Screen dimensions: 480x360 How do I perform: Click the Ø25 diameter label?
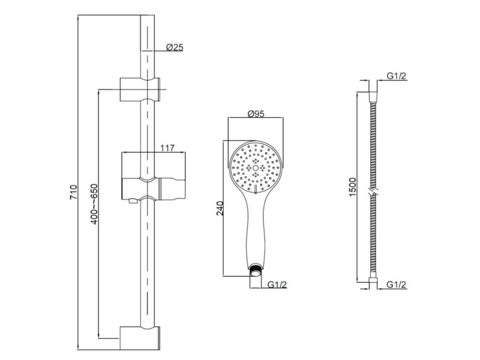click(x=174, y=47)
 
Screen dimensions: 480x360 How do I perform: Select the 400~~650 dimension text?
click(x=94, y=204)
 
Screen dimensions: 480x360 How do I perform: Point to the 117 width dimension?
click(x=167, y=148)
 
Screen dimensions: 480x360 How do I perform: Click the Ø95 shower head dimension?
click(x=255, y=113)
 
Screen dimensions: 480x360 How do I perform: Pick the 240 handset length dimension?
click(x=220, y=208)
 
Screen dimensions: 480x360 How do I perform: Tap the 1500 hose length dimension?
click(x=352, y=187)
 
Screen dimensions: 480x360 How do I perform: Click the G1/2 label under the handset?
click(x=277, y=285)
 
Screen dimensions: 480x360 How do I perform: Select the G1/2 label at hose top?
click(x=397, y=75)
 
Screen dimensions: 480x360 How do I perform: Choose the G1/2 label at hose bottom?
click(x=397, y=285)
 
